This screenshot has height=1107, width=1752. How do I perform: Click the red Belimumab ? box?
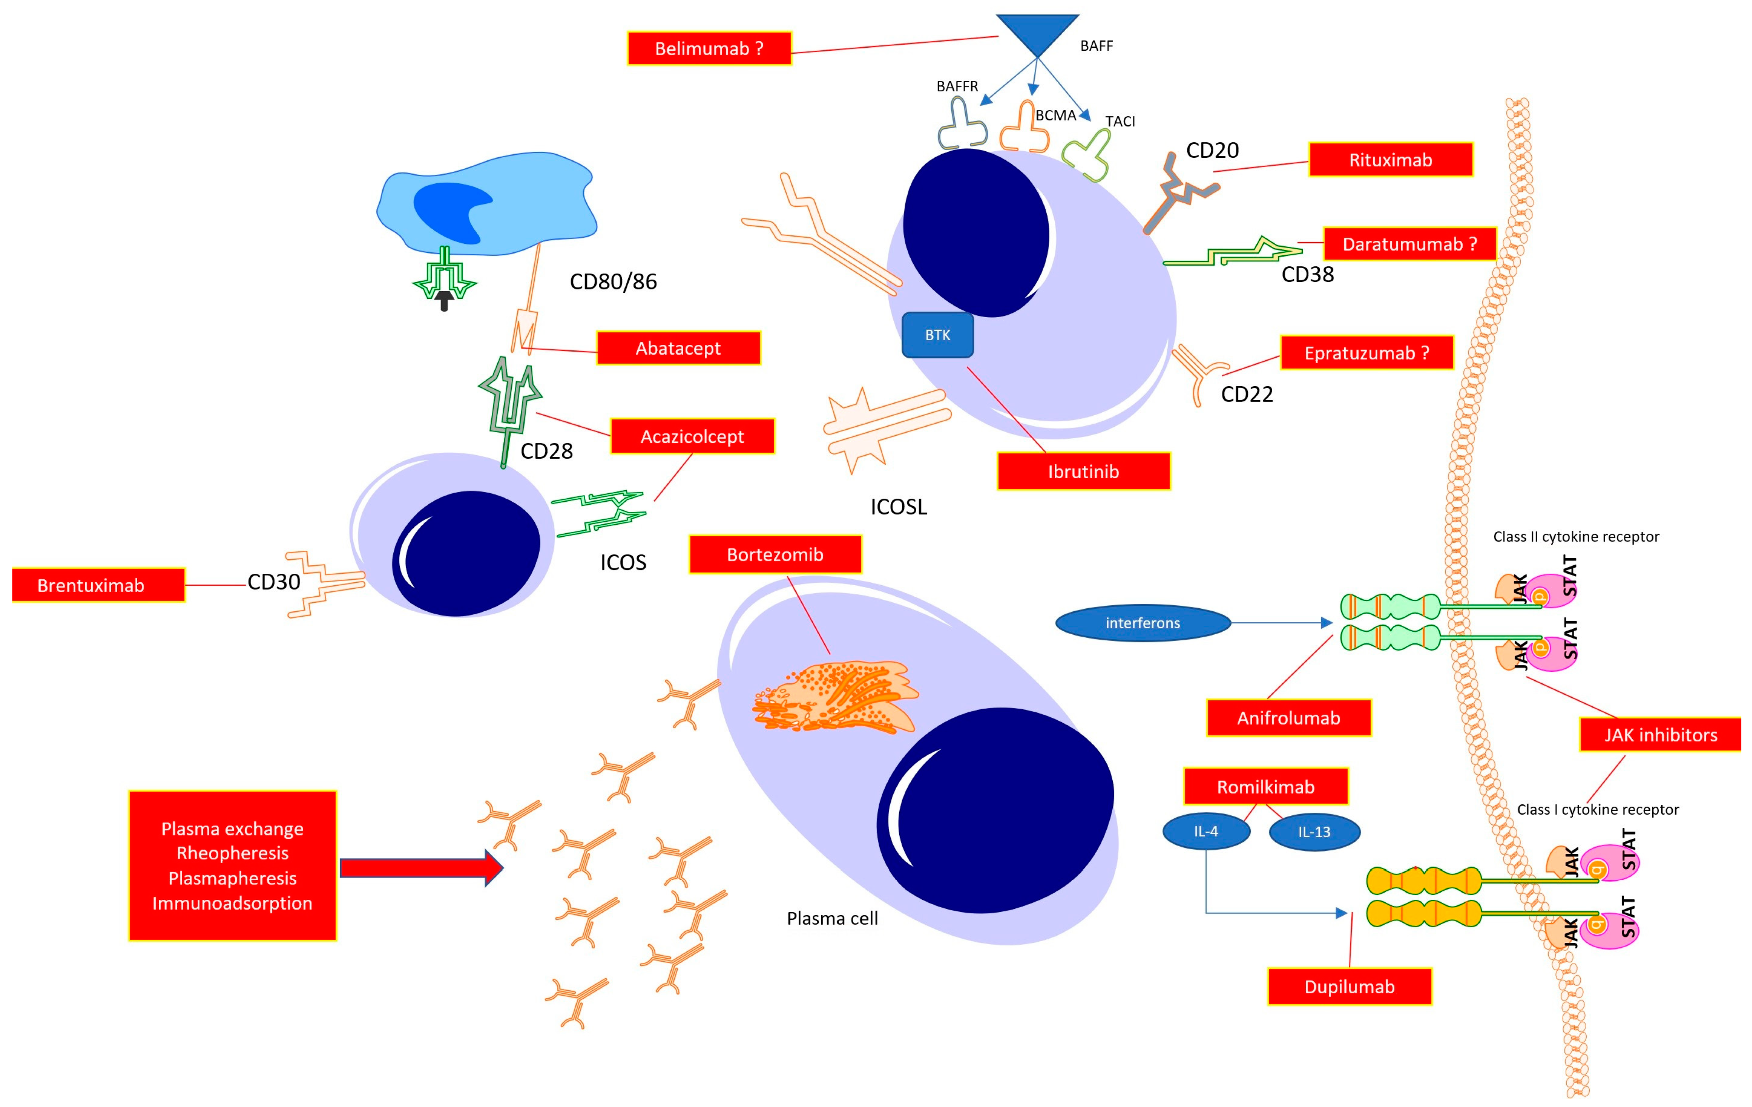pos(709,49)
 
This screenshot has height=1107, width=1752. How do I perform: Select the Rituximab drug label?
pos(1391,160)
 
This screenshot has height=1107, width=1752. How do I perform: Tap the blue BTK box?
pos(937,335)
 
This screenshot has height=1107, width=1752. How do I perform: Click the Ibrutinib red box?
pos(1082,471)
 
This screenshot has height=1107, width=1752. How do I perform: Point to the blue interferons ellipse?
pos(1142,623)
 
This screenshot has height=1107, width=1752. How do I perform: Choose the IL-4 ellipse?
pos(1206,831)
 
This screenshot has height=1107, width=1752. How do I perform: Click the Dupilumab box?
pos(1349,987)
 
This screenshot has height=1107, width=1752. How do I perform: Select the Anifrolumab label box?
pos(1288,718)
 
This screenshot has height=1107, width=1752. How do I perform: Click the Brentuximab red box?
pos(91,585)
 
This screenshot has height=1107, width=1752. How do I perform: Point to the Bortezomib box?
pos(775,555)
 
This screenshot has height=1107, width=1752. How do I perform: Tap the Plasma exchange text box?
pos(232,865)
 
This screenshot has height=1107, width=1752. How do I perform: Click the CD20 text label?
pos(1212,150)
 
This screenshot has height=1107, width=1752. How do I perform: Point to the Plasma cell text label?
pos(832,919)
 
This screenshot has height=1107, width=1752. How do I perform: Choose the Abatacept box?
pos(678,348)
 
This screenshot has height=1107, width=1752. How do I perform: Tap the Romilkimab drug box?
pos(1265,787)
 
